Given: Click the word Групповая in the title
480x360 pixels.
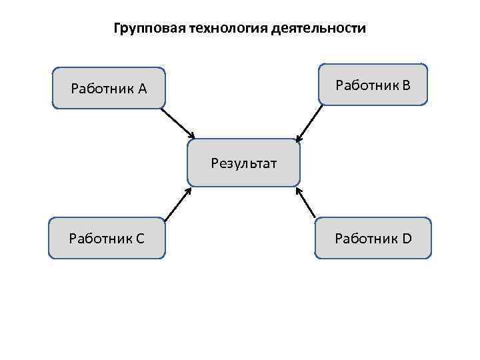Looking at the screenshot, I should click(141, 29).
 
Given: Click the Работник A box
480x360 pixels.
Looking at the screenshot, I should click(109, 87).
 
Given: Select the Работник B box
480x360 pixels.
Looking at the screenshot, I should click(373, 85).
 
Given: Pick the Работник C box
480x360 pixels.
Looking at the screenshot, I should click(107, 237).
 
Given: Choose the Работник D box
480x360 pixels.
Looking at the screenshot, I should click(373, 237).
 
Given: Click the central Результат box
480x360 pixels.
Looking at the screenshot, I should click(243, 162).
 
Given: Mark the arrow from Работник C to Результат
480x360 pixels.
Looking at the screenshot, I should click(177, 203).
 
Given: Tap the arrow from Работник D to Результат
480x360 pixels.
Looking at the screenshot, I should click(306, 202).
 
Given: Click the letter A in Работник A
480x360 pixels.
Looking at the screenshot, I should click(143, 88).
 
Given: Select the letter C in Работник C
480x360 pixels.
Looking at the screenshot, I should click(140, 237).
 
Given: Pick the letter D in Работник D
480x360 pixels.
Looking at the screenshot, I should click(407, 237).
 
